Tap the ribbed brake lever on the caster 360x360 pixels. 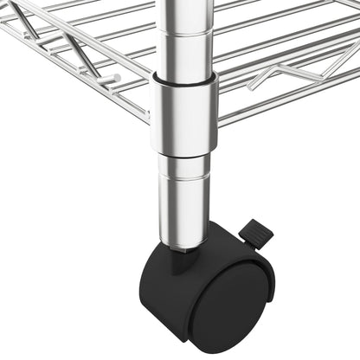tap(254, 232)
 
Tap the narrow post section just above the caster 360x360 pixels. tap(187, 199)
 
